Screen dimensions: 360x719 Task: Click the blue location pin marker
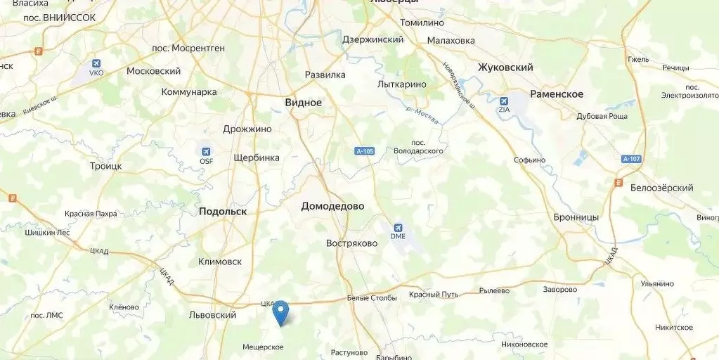[280, 311]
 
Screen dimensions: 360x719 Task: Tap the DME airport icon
[399, 229]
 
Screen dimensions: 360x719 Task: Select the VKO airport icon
[96, 62]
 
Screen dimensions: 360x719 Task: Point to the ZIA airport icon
[504, 101]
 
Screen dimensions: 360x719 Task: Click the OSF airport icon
[206, 152]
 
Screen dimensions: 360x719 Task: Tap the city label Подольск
[223, 211]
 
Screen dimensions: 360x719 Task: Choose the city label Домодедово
[332, 206]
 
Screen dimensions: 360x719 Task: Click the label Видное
[303, 103]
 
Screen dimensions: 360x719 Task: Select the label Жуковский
[505, 67]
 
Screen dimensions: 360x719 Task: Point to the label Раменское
[557, 94]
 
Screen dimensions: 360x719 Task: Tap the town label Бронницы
[576, 217]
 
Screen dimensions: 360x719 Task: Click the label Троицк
[105, 166]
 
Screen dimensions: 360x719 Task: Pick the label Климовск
[220, 262]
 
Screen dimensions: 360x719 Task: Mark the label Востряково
[351, 243]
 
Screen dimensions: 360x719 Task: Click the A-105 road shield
[363, 150]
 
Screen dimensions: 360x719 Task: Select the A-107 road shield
[632, 159]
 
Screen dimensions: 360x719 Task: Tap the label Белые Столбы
[372, 298]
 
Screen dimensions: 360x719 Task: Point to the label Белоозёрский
[661, 188]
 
